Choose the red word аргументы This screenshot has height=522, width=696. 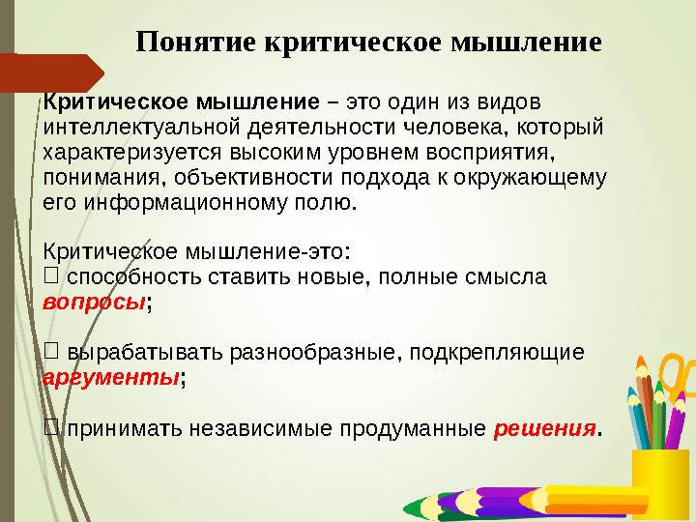(x=111, y=376)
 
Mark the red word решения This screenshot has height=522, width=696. (x=544, y=428)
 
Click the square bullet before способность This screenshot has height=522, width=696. (x=52, y=276)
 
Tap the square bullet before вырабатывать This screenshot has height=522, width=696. (x=52, y=352)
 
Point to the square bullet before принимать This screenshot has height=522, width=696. (x=52, y=427)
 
